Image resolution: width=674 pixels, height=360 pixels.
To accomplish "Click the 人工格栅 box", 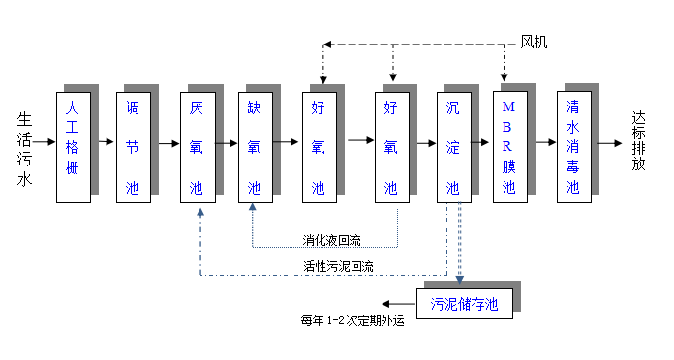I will [73, 147].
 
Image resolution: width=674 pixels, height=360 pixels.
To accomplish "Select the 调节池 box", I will [132, 147].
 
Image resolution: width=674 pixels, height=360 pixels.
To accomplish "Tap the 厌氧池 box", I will [197, 147].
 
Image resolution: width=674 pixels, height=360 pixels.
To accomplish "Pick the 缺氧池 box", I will [255, 147].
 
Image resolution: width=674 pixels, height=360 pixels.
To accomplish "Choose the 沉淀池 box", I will [452, 147].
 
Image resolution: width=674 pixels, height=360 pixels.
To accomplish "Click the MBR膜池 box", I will [509, 147].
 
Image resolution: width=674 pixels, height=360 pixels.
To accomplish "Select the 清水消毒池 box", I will [573, 147].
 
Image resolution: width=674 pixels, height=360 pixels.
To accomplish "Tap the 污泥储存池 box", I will [464, 304].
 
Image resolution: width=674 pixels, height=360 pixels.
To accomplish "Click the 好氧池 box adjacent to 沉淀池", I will [391, 147].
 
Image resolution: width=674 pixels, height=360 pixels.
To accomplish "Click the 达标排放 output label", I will [639, 141].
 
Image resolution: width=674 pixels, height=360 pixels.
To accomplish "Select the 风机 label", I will [535, 42].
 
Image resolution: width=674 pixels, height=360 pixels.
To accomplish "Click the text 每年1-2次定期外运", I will [352, 321].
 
